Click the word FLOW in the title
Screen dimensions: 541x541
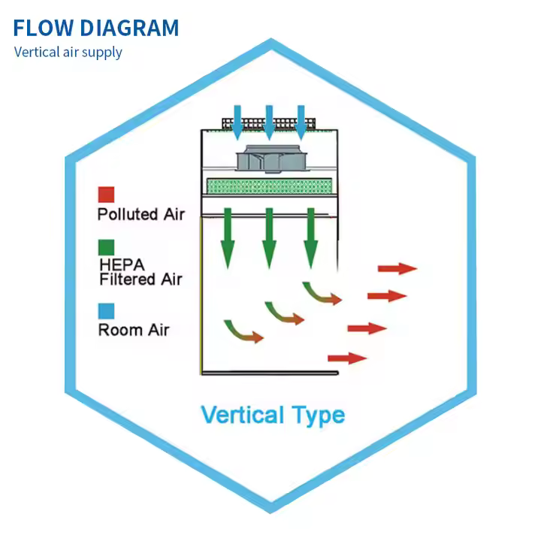pyautogui.click(x=43, y=29)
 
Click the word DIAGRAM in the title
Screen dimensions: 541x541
pyautogui.click(x=129, y=29)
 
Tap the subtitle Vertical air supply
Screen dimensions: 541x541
pyautogui.click(x=68, y=52)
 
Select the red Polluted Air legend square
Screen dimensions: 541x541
pyautogui.click(x=106, y=195)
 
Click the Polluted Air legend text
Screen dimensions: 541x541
pyautogui.click(x=141, y=214)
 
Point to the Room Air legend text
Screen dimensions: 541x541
pyautogui.click(x=134, y=329)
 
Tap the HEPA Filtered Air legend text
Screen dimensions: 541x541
pyautogui.click(x=141, y=272)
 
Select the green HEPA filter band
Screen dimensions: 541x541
pyautogui.click(x=267, y=185)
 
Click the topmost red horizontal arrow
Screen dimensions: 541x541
pyautogui.click(x=397, y=268)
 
